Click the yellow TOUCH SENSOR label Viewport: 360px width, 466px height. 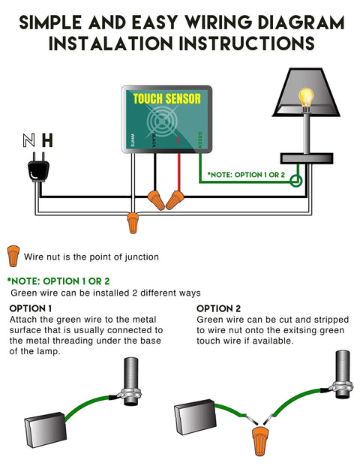point(166,98)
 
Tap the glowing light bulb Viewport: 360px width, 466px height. point(305,98)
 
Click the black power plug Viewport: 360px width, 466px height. point(38,171)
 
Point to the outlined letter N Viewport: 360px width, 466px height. point(28,140)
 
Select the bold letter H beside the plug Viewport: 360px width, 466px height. point(47,140)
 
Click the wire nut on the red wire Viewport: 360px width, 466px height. point(176,200)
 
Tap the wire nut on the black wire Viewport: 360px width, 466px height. point(157,200)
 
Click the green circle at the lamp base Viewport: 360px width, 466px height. point(297,181)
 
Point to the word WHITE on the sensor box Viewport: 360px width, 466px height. point(133,140)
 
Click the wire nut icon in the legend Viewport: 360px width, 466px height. point(13,255)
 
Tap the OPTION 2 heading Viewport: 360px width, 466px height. point(218,308)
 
